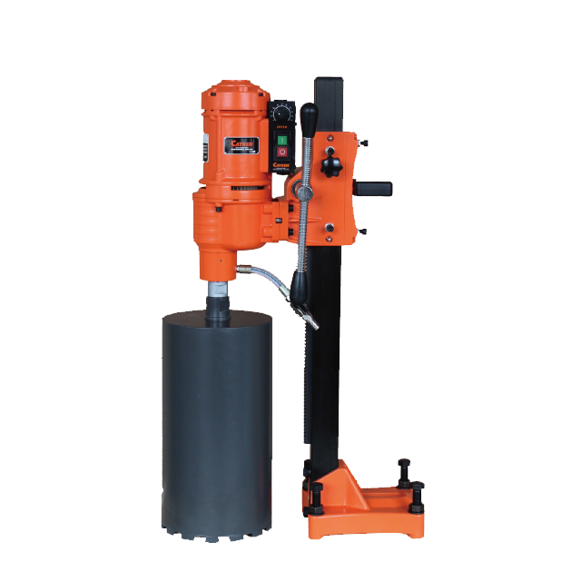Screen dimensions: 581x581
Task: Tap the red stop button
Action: tap(281, 152)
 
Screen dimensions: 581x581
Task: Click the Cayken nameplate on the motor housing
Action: tap(243, 143)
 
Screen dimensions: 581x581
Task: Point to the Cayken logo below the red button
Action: tap(281, 165)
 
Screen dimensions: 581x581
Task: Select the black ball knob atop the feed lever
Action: tap(309, 113)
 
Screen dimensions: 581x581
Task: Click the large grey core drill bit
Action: tap(217, 418)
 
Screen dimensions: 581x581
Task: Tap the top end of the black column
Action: tap(329, 84)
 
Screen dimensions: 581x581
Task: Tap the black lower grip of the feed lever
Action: tap(303, 309)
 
